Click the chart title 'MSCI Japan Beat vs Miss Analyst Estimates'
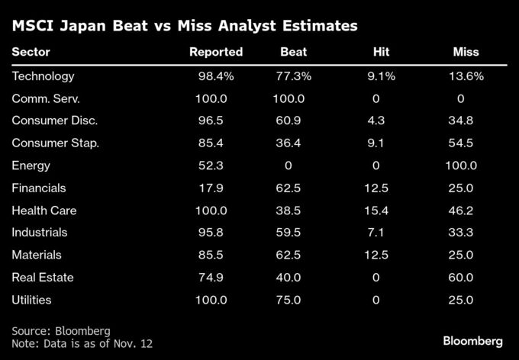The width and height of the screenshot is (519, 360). [185, 26]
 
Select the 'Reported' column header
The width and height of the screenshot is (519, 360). [216, 52]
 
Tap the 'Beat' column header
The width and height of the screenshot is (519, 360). [295, 52]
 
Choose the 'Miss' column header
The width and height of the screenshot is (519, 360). [466, 52]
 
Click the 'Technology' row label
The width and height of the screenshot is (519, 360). [44, 76]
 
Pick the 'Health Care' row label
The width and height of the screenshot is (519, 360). [44, 210]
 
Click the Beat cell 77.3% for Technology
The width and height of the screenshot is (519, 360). [294, 76]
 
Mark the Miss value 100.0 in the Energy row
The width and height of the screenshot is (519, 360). [462, 166]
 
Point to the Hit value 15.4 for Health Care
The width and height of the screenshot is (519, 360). [376, 210]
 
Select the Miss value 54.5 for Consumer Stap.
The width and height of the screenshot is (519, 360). [462, 143]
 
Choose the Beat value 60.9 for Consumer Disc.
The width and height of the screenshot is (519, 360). [288, 121]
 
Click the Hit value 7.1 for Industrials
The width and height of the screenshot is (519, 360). [376, 232]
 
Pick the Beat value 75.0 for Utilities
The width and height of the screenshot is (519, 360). [288, 299]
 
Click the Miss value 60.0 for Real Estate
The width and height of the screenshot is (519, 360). [462, 277]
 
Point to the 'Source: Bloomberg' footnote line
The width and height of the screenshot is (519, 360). [61, 330]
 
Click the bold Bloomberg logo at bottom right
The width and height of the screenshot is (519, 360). [472, 339]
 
